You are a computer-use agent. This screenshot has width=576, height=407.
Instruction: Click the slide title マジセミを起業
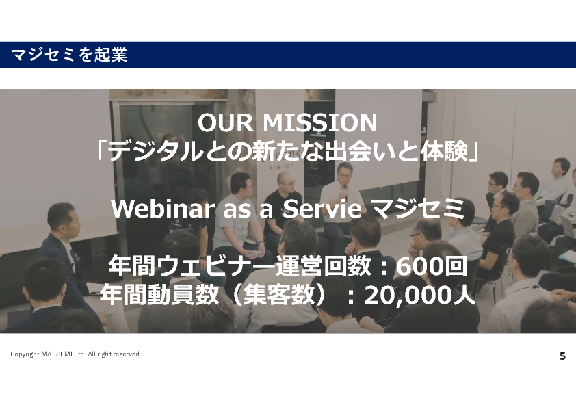pos(69,55)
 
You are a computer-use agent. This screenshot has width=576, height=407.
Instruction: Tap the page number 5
pos(562,356)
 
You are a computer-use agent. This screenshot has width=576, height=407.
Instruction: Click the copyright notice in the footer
pos(76,354)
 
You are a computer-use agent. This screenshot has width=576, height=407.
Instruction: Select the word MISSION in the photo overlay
pos(320,122)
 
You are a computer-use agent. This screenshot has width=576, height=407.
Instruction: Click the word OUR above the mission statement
pos(226,122)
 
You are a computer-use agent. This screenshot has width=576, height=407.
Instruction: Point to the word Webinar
pos(162,208)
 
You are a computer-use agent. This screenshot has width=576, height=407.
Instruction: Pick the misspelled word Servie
pos(322,208)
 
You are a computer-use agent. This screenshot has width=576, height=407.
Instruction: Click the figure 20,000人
pos(420,295)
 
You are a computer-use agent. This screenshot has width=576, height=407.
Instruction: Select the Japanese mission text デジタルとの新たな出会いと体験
pos(287,152)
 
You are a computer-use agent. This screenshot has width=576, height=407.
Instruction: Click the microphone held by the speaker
pos(345,192)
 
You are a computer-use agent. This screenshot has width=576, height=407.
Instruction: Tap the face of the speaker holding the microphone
pos(345,174)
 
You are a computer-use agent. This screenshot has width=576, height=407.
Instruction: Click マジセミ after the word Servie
pos(418,208)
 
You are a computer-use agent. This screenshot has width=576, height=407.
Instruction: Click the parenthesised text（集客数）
pos(279,295)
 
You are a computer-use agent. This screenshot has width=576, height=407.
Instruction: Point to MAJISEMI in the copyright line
pos(57,354)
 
